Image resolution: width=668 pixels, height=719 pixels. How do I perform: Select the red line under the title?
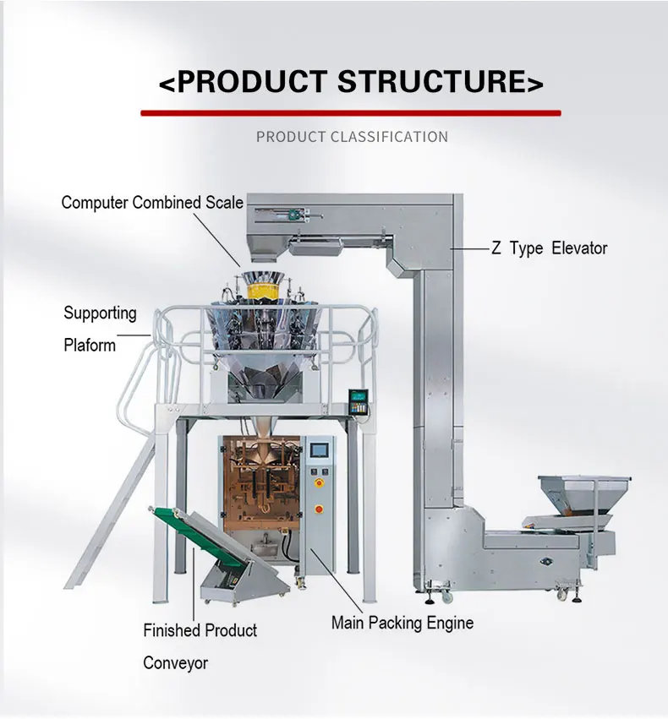point(350,112)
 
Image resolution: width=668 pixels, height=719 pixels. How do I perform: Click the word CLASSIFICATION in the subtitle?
point(389,137)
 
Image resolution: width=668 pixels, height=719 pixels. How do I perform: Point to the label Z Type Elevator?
point(550,248)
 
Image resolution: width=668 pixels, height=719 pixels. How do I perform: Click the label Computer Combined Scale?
point(152,203)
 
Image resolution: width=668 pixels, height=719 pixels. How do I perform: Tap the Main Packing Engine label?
point(402,624)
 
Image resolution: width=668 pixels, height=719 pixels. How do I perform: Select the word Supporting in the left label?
point(100,313)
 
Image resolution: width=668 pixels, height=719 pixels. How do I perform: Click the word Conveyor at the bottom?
point(175,663)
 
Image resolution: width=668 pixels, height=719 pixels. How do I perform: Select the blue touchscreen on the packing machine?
point(320,450)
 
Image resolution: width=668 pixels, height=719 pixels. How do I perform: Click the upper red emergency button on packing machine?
point(319,482)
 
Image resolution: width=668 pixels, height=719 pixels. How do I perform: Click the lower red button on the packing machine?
point(319,509)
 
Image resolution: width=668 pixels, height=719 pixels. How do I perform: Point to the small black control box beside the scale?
point(360,401)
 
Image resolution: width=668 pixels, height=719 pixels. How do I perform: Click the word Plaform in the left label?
point(90,345)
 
